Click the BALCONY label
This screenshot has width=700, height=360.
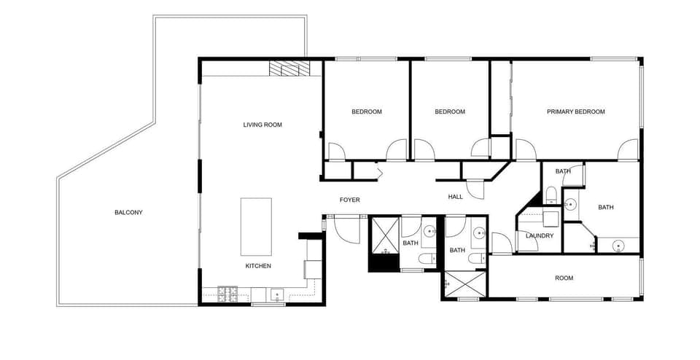[x=128, y=213]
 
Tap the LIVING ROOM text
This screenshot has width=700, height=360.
[x=262, y=125]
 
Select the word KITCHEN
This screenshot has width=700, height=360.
[x=258, y=266]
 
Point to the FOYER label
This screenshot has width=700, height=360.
[x=350, y=200]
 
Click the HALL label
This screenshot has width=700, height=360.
[x=456, y=197]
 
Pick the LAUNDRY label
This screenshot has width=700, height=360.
[x=540, y=235]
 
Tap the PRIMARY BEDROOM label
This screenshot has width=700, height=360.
[x=576, y=111]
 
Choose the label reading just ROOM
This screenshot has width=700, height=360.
[x=564, y=278]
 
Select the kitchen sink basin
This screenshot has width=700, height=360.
[x=277, y=294]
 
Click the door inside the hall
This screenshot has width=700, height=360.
[x=475, y=189]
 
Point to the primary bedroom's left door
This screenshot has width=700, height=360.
[x=526, y=150]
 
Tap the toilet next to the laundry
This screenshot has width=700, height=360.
[x=552, y=195]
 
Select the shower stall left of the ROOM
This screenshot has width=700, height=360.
[x=464, y=285]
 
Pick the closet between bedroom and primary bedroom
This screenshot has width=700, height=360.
[x=500, y=98]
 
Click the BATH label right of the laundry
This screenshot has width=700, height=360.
[x=606, y=208]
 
